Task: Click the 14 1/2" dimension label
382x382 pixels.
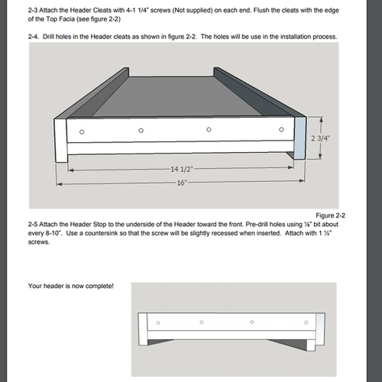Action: tap(181, 167)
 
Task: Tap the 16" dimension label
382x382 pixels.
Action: tap(181, 183)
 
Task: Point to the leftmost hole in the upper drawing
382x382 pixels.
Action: tap(83, 133)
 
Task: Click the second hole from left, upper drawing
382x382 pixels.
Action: tap(141, 131)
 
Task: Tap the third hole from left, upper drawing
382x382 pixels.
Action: tap(209, 129)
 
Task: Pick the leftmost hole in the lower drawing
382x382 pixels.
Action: tap(158, 323)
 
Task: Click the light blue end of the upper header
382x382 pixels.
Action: tap(300, 138)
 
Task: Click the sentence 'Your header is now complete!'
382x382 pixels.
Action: tap(70, 286)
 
